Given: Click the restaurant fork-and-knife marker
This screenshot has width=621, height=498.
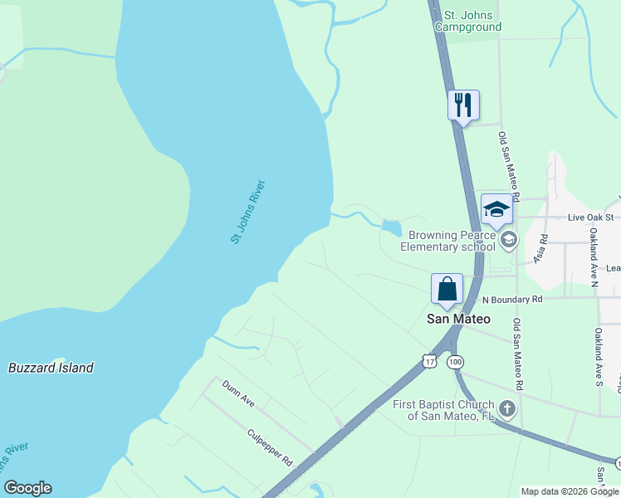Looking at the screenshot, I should pos(463,105).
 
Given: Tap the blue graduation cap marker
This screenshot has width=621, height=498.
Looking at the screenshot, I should pos(496,209).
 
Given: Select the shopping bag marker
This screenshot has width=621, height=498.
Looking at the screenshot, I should pos(447,289).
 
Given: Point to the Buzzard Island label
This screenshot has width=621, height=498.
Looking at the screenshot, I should pos(51,368).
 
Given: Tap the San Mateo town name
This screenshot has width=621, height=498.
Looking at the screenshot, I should pos(458,319).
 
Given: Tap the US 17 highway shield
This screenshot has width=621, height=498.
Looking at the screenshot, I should pos(428,361).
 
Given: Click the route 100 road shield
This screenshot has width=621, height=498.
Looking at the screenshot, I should pos(455,362).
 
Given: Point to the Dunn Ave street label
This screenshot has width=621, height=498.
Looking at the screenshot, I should pos(237,392).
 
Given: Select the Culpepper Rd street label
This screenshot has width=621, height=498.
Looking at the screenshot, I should pos(270,447).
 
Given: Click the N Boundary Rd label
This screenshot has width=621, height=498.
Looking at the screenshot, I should pos(512,299).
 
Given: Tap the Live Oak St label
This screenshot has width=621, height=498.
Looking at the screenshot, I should pos(590,217).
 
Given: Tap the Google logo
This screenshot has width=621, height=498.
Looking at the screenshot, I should pos(27,488).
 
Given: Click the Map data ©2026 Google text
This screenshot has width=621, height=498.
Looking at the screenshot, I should pos(570,491).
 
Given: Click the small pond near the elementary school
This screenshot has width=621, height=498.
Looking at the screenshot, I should pos(391,227).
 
